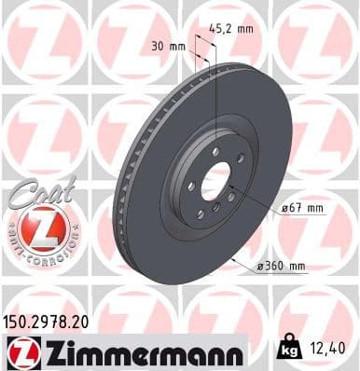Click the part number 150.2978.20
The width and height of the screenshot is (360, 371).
pos(50,320)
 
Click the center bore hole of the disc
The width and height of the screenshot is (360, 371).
pos(215,179)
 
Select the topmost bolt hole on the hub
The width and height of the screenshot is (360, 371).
pos(215,149)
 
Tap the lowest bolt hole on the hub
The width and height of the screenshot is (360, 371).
pos(216,211)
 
